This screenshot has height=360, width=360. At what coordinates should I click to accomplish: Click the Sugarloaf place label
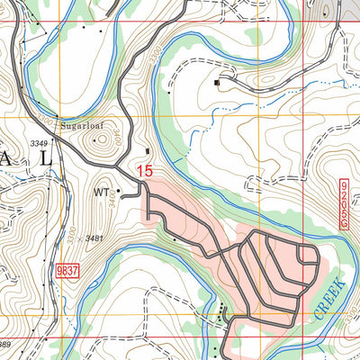[83, 127]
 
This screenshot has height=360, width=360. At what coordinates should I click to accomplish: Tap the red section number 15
[145, 169]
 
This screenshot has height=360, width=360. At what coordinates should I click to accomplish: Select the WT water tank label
[101, 192]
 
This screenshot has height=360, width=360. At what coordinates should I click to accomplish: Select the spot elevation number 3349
[38, 144]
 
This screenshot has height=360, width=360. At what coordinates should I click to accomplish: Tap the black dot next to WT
[118, 191]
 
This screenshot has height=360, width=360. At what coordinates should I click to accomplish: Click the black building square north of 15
[148, 150]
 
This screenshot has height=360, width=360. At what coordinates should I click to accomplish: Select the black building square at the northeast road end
[217, 84]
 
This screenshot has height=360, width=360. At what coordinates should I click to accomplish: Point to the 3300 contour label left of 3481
[62, 236]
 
